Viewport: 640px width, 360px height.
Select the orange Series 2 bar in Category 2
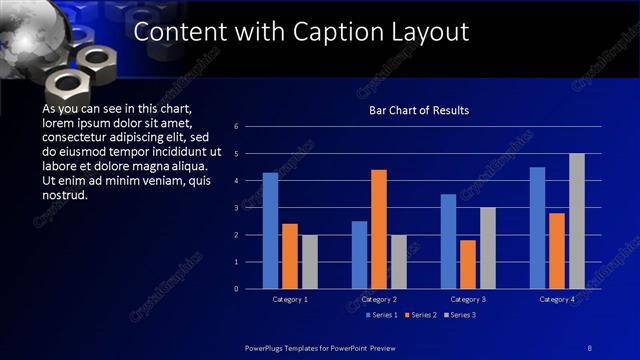[x=379, y=229]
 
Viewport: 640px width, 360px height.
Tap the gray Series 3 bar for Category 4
[x=577, y=221]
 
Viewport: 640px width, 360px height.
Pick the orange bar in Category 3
[x=468, y=264]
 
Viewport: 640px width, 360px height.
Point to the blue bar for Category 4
[x=537, y=228]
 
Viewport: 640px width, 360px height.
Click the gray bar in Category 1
[x=310, y=262]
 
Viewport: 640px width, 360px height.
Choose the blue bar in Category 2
[x=359, y=255]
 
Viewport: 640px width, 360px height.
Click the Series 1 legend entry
[x=380, y=315]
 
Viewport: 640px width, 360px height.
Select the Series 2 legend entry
[x=421, y=315]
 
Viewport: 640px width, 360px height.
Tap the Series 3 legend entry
[x=462, y=315]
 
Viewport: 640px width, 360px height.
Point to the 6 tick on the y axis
[x=236, y=127]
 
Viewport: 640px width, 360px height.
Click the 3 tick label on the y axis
[x=236, y=208]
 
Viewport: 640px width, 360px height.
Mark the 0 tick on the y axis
[x=236, y=289]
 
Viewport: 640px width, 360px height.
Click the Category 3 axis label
[x=468, y=299]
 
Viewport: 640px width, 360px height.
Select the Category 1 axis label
[x=290, y=299]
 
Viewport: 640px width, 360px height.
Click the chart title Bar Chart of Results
[x=419, y=110]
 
